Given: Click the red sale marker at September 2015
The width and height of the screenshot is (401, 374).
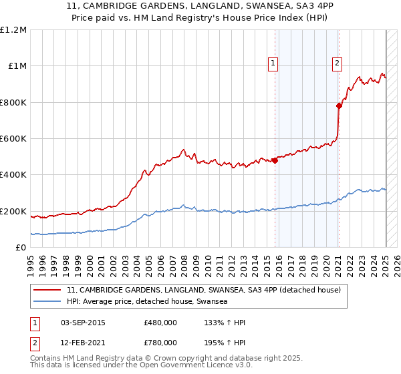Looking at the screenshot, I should (x=275, y=160).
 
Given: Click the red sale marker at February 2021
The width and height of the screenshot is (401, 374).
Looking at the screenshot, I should (x=339, y=106).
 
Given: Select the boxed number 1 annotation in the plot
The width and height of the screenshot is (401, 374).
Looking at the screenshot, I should (x=273, y=63).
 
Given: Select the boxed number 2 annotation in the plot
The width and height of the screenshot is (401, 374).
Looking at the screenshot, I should (x=337, y=63).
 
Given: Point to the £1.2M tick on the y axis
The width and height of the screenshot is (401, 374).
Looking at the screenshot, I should (x=13, y=30).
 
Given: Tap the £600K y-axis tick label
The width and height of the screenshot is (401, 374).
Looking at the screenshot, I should (x=13, y=139).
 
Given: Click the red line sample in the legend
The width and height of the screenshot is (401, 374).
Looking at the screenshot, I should (x=47, y=291).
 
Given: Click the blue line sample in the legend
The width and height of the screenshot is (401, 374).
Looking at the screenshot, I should (x=47, y=302).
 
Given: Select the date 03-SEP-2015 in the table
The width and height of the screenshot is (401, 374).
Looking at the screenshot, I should (x=82, y=323).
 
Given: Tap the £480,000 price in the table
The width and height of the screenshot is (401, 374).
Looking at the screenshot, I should (x=160, y=323).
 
